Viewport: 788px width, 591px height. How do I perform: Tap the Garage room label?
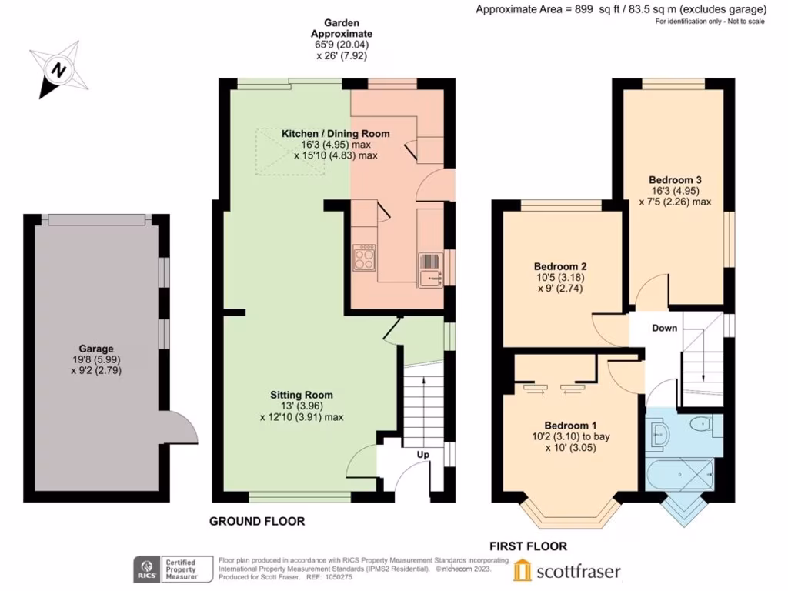(95, 349)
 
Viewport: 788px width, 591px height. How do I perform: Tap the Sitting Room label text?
(301, 396)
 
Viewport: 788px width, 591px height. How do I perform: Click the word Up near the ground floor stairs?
(422, 455)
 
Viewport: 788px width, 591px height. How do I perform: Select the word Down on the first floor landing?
(664, 328)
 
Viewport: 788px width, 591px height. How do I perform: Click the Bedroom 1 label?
(570, 426)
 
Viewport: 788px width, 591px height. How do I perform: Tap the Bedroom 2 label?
(563, 266)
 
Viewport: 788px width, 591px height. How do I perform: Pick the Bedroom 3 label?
(674, 180)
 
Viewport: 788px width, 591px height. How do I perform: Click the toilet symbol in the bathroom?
(700, 424)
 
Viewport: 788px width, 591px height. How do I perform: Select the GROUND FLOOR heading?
(257, 521)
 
